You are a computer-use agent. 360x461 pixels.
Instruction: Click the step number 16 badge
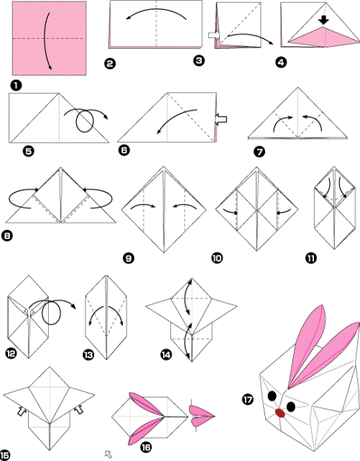point(147,447)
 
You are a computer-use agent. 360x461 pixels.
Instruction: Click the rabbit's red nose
point(280,413)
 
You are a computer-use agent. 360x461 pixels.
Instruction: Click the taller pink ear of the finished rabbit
point(302,345)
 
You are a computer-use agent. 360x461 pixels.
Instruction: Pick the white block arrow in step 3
point(214,34)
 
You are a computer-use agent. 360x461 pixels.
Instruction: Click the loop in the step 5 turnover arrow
point(84,122)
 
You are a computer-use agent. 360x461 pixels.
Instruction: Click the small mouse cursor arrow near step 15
point(109,453)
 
